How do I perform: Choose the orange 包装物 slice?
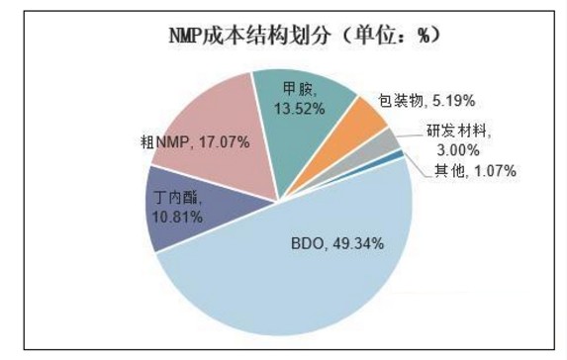tap(362, 119)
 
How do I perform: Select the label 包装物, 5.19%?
tap(427, 100)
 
